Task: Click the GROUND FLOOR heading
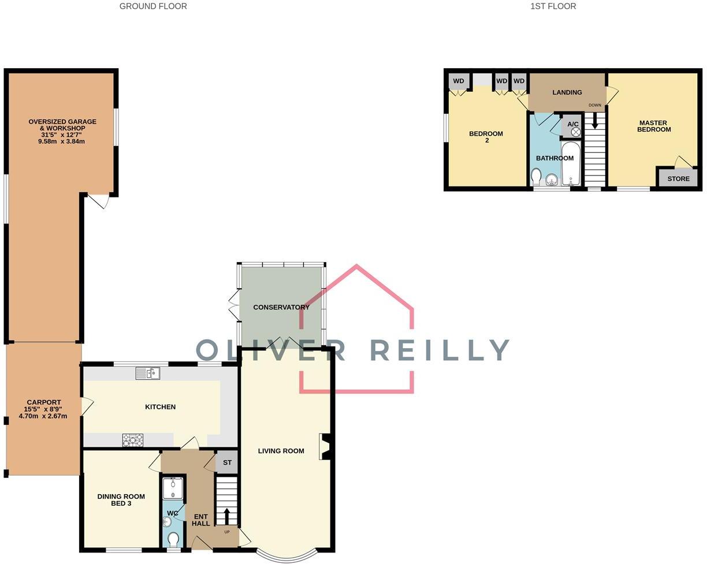click(x=153, y=6)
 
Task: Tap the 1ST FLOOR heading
click(x=553, y=6)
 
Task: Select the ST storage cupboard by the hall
click(x=227, y=462)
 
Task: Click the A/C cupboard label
click(x=572, y=124)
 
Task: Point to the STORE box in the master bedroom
click(x=678, y=178)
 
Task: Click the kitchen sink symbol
click(x=148, y=373)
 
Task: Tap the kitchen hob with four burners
click(x=133, y=440)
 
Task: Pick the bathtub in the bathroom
click(x=571, y=164)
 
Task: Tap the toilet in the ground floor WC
click(x=173, y=539)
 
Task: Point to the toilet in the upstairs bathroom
click(x=536, y=175)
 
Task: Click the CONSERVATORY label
click(x=281, y=307)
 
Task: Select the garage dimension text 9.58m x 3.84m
click(x=62, y=141)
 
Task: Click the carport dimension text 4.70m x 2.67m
click(x=43, y=416)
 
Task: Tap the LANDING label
click(x=567, y=92)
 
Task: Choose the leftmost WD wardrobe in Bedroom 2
click(x=459, y=81)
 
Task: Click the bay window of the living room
click(x=286, y=555)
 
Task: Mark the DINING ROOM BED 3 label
click(x=121, y=500)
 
